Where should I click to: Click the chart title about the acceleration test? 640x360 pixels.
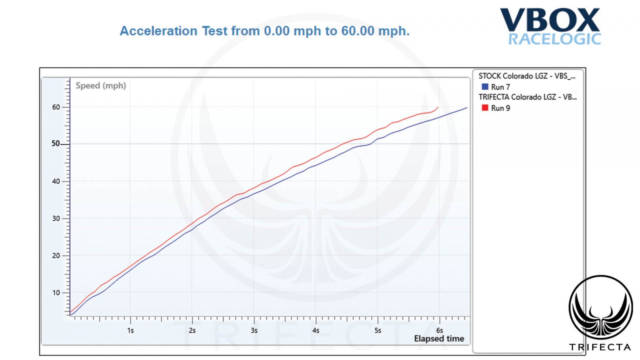[x=264, y=31]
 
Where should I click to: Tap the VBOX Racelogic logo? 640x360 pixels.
[x=550, y=26]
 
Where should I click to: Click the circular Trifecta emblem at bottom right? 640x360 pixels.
[x=600, y=307]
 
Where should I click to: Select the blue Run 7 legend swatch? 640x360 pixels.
[x=485, y=87]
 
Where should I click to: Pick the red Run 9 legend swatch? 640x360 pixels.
[x=485, y=108]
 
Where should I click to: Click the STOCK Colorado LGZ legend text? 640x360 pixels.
[x=527, y=76]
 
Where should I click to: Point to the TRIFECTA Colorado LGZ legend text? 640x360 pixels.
[x=527, y=97]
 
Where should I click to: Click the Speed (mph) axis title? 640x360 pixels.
[x=101, y=86]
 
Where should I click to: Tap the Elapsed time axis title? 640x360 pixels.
[x=439, y=339]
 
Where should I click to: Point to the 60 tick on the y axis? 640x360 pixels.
[x=56, y=107]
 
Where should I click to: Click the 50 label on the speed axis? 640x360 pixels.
[x=56, y=144]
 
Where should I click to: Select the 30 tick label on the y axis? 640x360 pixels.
[x=56, y=218]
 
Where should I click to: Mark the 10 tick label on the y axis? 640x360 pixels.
[x=56, y=293]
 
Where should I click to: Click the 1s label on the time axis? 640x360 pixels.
[x=130, y=331]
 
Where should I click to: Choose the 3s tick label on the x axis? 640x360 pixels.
[x=254, y=331]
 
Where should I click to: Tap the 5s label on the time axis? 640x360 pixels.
[x=378, y=331]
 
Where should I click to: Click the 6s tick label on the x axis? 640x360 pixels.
[x=440, y=331]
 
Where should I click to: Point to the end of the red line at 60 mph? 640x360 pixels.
[x=438, y=107]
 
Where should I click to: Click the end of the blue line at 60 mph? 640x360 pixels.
[x=467, y=108]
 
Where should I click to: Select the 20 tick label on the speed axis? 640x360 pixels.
[x=56, y=256]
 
